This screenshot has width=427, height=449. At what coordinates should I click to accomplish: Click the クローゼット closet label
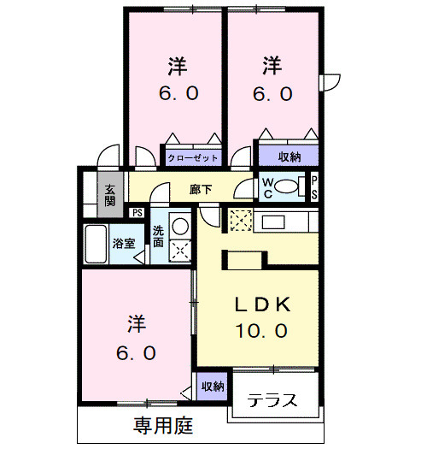click(193, 158)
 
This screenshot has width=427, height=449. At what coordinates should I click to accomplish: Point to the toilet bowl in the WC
click(290, 186)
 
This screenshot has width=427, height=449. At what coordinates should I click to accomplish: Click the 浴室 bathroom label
click(124, 243)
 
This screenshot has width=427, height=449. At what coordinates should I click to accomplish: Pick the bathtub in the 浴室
click(95, 244)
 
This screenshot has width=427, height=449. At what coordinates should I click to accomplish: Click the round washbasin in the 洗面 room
click(179, 227)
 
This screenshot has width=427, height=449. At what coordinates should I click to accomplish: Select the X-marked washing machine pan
click(179, 251)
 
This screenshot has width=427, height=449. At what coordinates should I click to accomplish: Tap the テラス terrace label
click(272, 400)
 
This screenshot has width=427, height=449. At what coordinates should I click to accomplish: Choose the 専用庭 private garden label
click(162, 424)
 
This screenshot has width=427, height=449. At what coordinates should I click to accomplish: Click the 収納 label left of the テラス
click(213, 387)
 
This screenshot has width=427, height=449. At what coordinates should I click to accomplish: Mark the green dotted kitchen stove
click(240, 221)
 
